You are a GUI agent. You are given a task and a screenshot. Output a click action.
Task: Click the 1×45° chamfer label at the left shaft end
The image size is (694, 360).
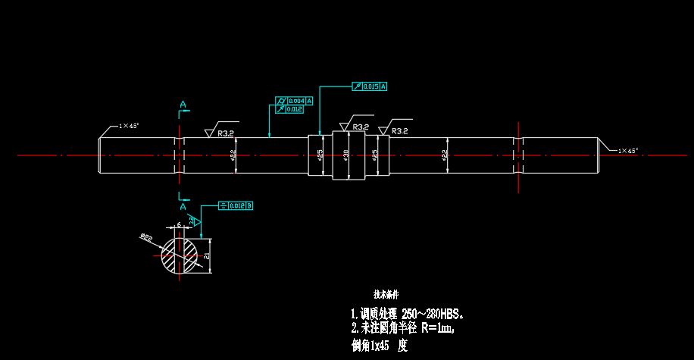tap(129, 125)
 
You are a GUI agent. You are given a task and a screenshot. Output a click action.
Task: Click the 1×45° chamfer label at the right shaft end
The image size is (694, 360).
tap(629, 151)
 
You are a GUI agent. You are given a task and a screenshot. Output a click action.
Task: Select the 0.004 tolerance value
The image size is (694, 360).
tap(295, 101)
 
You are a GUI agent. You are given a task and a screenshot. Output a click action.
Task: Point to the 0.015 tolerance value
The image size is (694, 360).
tap(370, 87)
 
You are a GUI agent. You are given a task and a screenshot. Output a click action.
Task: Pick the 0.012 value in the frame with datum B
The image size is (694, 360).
tap(236, 205)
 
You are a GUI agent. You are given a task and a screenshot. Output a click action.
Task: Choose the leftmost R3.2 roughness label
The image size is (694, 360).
tap(226, 133)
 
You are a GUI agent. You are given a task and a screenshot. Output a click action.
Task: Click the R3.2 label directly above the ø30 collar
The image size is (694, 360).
tap(361, 127)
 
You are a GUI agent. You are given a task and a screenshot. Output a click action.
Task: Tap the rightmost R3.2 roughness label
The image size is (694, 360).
tap(400, 131)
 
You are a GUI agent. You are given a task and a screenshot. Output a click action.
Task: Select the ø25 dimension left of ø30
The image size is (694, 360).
tap(320, 155)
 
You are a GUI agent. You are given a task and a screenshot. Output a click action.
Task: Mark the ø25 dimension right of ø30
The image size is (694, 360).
tap(376, 155)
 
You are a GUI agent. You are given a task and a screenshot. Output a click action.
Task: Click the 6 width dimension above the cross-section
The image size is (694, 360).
tap(179, 224)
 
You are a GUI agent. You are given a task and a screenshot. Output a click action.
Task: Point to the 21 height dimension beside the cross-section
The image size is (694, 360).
tap(206, 257)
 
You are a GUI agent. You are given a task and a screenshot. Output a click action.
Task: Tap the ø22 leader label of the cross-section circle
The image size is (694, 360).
tap(145, 238)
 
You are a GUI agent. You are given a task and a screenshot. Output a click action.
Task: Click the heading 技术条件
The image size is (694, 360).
tap(386, 293)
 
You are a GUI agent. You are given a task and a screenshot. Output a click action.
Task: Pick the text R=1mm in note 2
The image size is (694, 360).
tap(437, 328)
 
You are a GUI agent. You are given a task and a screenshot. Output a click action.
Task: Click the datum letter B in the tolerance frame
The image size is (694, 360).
tap(249, 205)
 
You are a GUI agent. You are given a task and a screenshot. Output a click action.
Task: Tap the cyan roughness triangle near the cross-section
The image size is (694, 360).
tap(195, 221)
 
